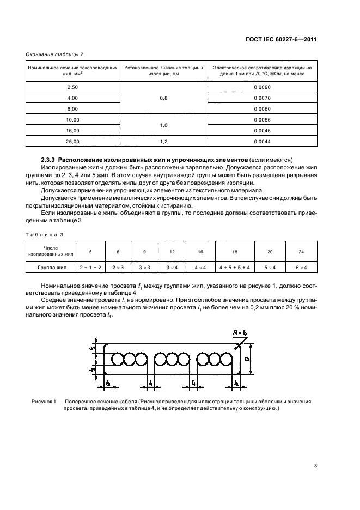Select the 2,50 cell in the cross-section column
72,87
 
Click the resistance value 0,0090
262,87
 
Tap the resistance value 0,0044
262,141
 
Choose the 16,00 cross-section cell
72,130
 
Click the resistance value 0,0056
262,119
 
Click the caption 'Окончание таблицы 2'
54,53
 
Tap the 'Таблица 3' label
46,234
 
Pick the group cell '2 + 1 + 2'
90,268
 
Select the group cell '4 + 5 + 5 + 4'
234,268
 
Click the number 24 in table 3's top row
301,252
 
